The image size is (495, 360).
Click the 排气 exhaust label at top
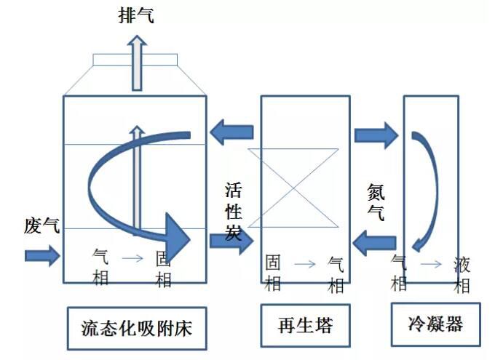click(136, 16)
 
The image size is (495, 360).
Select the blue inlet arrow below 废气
click(42, 255)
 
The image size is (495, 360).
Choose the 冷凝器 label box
click(436, 324)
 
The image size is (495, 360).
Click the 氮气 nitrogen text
click(376, 203)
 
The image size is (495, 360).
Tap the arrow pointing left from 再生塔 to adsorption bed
click(232, 132)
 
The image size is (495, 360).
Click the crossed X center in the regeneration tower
click(294, 188)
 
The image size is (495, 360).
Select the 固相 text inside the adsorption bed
click(165, 269)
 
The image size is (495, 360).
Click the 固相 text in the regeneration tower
click(273, 271)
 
